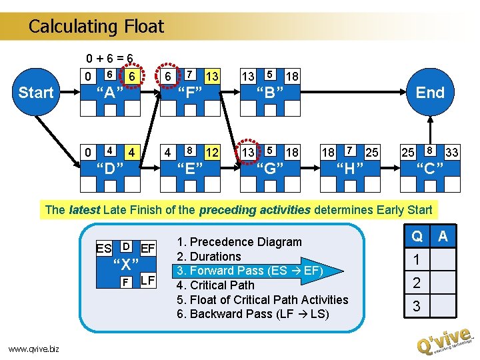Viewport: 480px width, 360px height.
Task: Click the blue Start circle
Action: pyautogui.click(x=35, y=93)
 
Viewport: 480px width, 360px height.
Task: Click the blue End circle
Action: pyautogui.click(x=430, y=93)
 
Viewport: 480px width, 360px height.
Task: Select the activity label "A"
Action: pyautogui.click(x=109, y=93)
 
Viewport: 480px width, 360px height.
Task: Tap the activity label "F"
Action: pyautogui.click(x=189, y=93)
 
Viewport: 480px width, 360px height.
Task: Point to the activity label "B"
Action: pyautogui.click(x=270, y=93)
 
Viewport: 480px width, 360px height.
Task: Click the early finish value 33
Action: pyautogui.click(x=451, y=153)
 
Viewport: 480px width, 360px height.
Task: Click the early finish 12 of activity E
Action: pyautogui.click(x=213, y=153)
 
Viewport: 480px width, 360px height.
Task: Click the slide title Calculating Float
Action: pyautogui.click(x=96, y=27)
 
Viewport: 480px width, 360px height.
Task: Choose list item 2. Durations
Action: pyautogui.click(x=209, y=256)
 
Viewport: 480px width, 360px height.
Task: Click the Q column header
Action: pyautogui.click(x=417, y=236)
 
